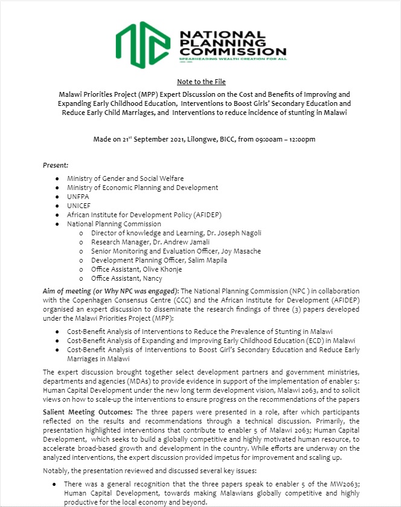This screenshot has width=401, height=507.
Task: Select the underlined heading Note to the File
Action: click(200, 82)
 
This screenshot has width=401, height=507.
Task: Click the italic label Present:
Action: click(55, 165)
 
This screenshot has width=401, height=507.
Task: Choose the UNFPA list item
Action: click(78, 197)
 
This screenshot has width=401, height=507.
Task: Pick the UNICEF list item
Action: click(79, 206)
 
